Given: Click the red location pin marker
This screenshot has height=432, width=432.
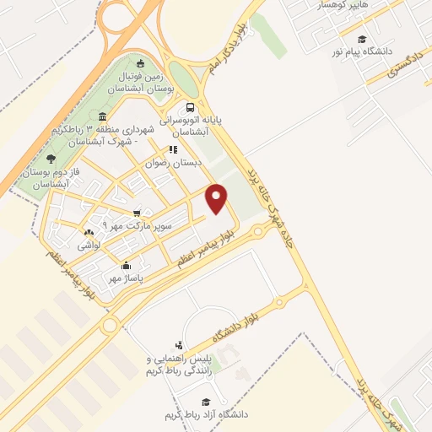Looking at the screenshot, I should pos(217,198).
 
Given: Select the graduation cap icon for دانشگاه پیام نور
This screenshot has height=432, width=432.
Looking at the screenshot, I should pos(362,39).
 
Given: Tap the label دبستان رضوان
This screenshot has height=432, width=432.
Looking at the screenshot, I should pos(175,163).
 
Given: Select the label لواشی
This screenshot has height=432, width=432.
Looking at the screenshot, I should pos(89,246).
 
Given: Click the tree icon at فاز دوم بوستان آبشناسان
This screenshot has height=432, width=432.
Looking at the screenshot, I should pos(51,158).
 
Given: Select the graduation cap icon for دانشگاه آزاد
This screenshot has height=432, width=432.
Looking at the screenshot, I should pos(205,402).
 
